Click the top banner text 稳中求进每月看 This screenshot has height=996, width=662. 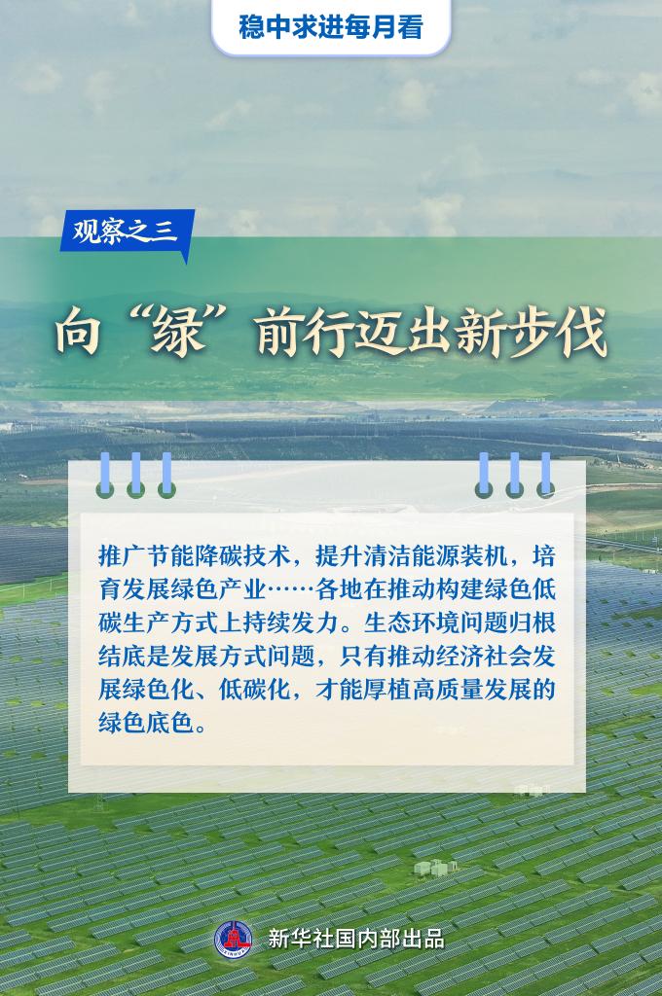(x=331, y=26)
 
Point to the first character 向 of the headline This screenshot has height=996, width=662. (x=78, y=333)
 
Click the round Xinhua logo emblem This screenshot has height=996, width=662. (x=234, y=939)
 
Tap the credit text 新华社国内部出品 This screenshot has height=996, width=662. (x=356, y=939)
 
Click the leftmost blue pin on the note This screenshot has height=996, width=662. (x=105, y=475)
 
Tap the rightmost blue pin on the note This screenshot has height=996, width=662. (x=545, y=475)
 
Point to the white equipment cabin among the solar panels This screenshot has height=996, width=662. (x=435, y=867)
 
